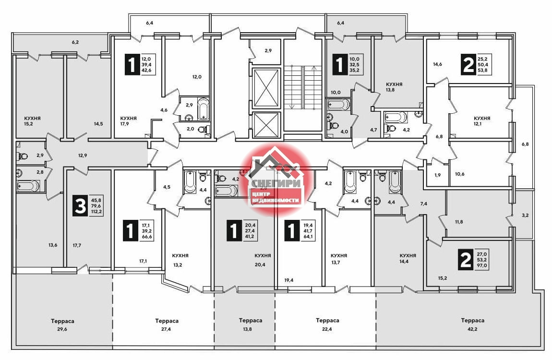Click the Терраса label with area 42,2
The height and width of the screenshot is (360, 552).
[x=472, y=324]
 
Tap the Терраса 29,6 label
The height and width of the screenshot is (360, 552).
[x=62, y=325]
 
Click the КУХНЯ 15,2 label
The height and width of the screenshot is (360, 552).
[x=32, y=120]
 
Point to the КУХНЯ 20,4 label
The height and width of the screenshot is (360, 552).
[x=263, y=260]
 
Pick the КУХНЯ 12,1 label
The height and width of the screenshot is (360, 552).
[x=481, y=120]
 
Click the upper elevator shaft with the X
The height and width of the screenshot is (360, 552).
[x=266, y=88]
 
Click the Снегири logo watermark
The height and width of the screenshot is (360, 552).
[x=276, y=180]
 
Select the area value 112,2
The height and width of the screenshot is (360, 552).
[x=95, y=212]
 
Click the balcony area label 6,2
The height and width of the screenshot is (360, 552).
[x=75, y=42]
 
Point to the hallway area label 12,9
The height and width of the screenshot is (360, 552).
[x=83, y=155]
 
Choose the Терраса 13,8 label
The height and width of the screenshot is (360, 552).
[x=250, y=324]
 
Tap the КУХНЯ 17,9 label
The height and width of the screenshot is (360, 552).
[x=128, y=120]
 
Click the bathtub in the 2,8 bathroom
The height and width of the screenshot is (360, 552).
[x=29, y=185]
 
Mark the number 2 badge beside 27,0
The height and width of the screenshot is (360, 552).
[x=466, y=260]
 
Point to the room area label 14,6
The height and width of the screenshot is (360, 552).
[x=437, y=64]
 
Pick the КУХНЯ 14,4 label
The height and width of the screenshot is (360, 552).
[x=408, y=258]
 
